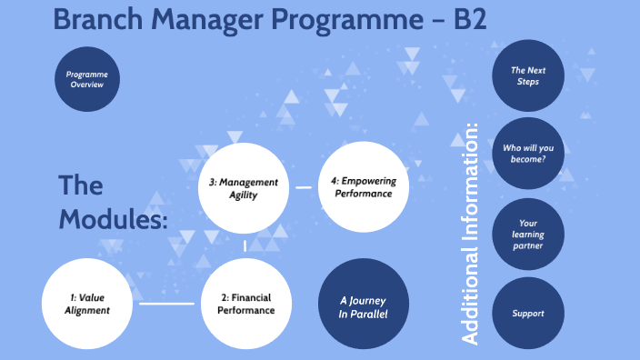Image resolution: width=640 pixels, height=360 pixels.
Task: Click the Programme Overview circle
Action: click(x=86, y=78)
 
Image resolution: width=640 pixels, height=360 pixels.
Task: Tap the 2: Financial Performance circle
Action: click(x=245, y=304)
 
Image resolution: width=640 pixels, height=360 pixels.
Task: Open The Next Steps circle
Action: click(x=526, y=75)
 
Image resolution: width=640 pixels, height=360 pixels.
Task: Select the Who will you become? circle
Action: click(x=526, y=153)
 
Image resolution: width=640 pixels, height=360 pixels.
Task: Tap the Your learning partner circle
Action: click(x=526, y=235)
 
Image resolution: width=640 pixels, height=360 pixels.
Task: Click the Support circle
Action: click(x=528, y=313)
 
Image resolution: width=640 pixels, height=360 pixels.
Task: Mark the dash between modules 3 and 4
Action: click(x=305, y=188)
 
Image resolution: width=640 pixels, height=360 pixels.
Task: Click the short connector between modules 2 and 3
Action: click(x=245, y=246)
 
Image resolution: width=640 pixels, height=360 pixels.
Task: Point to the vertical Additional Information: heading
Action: click(x=470, y=233)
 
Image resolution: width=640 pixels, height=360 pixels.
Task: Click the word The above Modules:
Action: click(x=80, y=185)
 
